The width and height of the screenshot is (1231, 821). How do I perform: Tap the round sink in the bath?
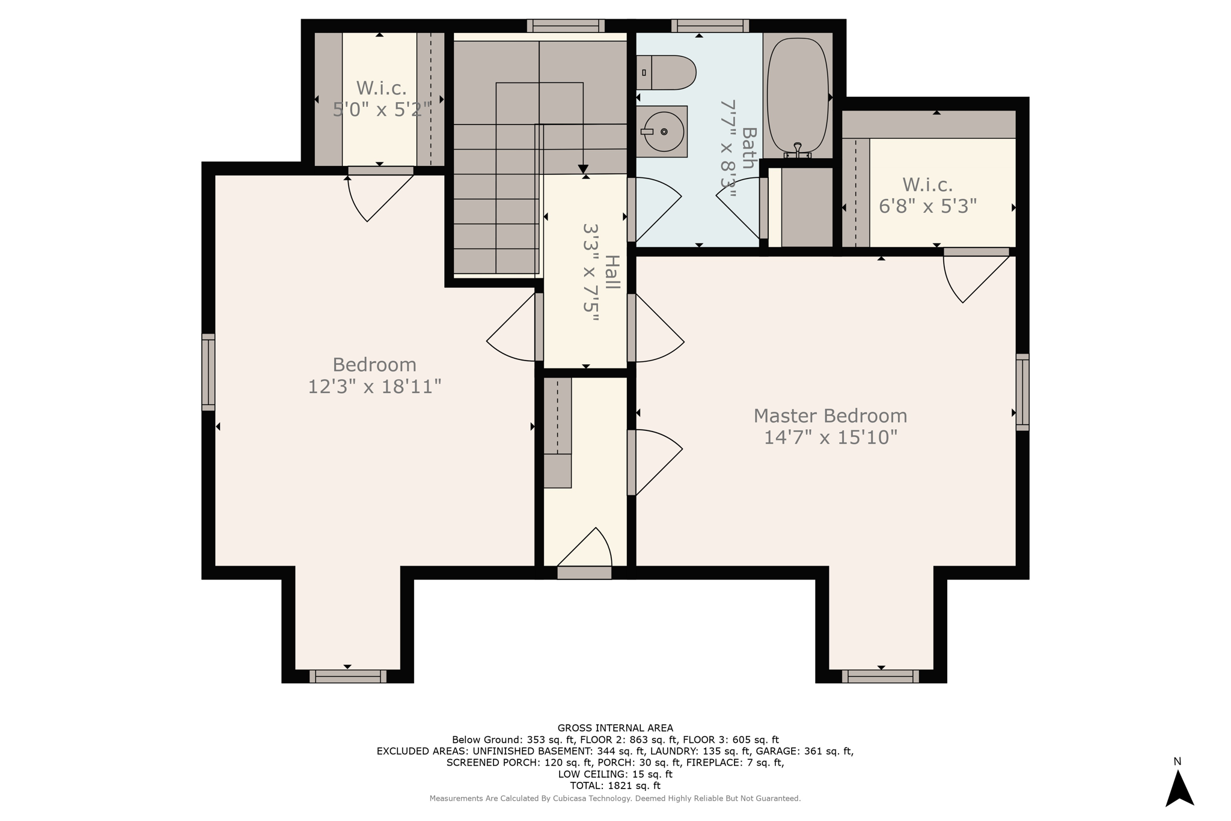point(664,132)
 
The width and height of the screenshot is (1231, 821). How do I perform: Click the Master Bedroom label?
point(830,416)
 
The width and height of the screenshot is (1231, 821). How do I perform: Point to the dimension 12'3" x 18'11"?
point(374,386)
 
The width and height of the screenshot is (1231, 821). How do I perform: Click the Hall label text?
point(611,272)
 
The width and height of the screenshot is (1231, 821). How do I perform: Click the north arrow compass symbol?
point(1179,788)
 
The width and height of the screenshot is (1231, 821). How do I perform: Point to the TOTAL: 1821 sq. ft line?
point(615,786)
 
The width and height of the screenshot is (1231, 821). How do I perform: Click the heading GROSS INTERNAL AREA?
point(615,728)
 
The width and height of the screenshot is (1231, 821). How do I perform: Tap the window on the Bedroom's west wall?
point(208,372)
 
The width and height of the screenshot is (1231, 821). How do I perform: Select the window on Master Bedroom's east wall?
point(1022,392)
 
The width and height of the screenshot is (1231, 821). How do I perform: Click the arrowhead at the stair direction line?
point(583,169)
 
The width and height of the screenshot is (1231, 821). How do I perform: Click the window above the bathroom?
point(710,26)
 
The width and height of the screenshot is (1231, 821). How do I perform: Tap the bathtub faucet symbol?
point(798,150)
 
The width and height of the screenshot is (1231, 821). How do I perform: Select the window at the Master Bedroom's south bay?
point(881,676)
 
